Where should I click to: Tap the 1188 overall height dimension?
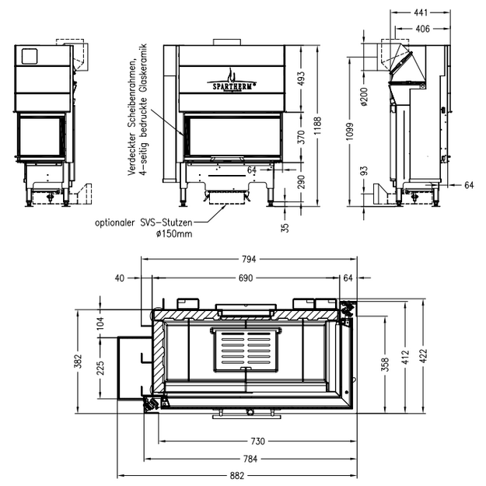pos(318,126)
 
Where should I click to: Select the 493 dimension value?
pos(301,79)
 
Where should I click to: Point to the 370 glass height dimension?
pos(301,137)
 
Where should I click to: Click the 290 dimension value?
pos(301,182)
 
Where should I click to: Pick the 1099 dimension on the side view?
pos(350,131)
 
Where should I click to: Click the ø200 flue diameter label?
pos(364,96)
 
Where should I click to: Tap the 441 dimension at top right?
pos(421,12)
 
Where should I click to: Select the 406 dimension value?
pos(422,29)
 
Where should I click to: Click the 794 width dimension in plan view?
pos(249,259)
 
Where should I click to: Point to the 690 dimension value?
pos(246,278)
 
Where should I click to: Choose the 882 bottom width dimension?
pos(237,475)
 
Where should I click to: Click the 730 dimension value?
pos(257,441)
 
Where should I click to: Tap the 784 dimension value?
pos(250,459)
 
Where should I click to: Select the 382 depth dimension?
pos(78,361)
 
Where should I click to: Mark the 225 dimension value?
pos(100,368)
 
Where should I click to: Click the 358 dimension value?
pos(385,364)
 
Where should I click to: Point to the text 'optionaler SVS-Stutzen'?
pos(144,222)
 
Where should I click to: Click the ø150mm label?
pos(174,234)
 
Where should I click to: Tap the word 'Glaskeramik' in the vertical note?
pos(143,68)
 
